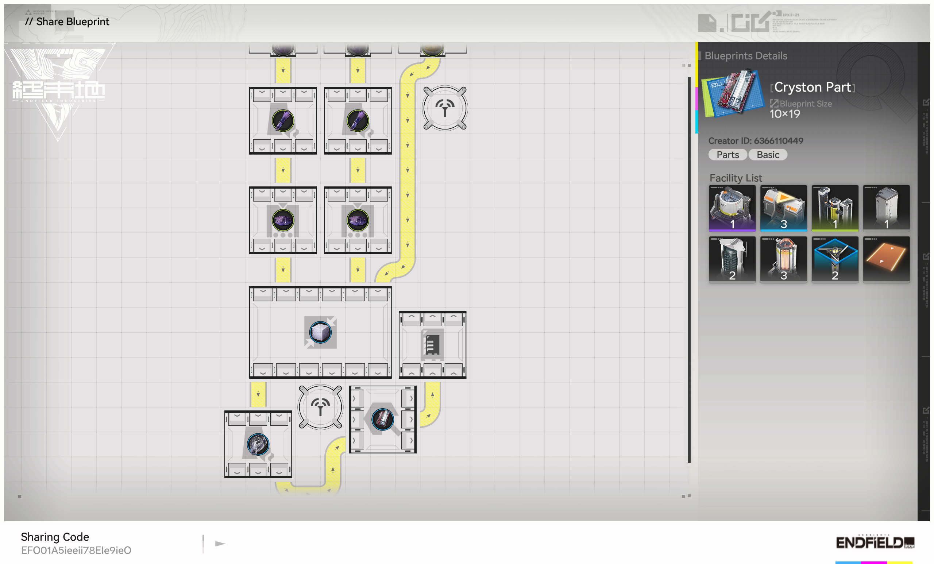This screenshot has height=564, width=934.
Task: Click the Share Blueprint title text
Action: tap(72, 22)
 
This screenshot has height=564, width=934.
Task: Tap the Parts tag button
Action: tap(727, 155)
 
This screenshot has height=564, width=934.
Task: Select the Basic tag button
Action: tap(768, 155)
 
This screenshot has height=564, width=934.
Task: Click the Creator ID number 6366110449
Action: tap(779, 141)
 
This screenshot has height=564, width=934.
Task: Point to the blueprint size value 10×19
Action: tap(785, 114)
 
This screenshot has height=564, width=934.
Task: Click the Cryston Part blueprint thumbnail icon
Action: tap(732, 93)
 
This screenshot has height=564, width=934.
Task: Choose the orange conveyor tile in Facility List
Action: tap(886, 259)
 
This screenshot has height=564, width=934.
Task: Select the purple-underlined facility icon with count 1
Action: tap(732, 208)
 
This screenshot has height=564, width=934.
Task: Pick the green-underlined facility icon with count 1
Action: tap(835, 208)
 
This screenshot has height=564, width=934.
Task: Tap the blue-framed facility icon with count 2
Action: tap(835, 259)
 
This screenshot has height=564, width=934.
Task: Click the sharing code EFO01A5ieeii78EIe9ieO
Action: tap(76, 551)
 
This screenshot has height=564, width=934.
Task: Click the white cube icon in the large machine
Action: tap(320, 332)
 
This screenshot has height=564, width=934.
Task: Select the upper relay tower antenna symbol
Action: tap(445, 108)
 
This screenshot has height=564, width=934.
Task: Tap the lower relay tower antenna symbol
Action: tap(320, 407)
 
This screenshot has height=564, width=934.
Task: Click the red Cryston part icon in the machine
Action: tap(382, 419)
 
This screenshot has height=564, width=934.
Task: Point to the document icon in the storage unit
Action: tap(432, 344)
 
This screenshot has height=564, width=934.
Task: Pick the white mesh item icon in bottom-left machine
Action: tap(258, 444)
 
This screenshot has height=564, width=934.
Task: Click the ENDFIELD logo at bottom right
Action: tap(875, 543)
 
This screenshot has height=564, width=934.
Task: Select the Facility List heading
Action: tap(736, 178)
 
